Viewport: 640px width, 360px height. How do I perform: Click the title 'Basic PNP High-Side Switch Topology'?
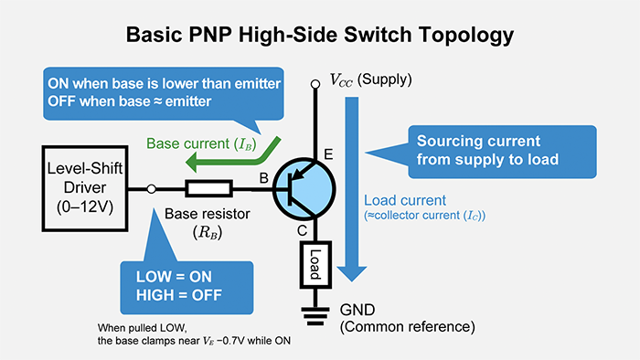[x=320, y=37]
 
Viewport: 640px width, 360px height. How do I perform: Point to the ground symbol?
[x=314, y=318]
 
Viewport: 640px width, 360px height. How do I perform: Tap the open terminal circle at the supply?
[x=314, y=83]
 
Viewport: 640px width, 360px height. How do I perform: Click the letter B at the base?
[x=265, y=179]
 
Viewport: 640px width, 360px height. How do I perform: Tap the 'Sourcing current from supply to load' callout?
[x=488, y=150]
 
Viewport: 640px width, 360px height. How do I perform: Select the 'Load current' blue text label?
[x=404, y=200]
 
